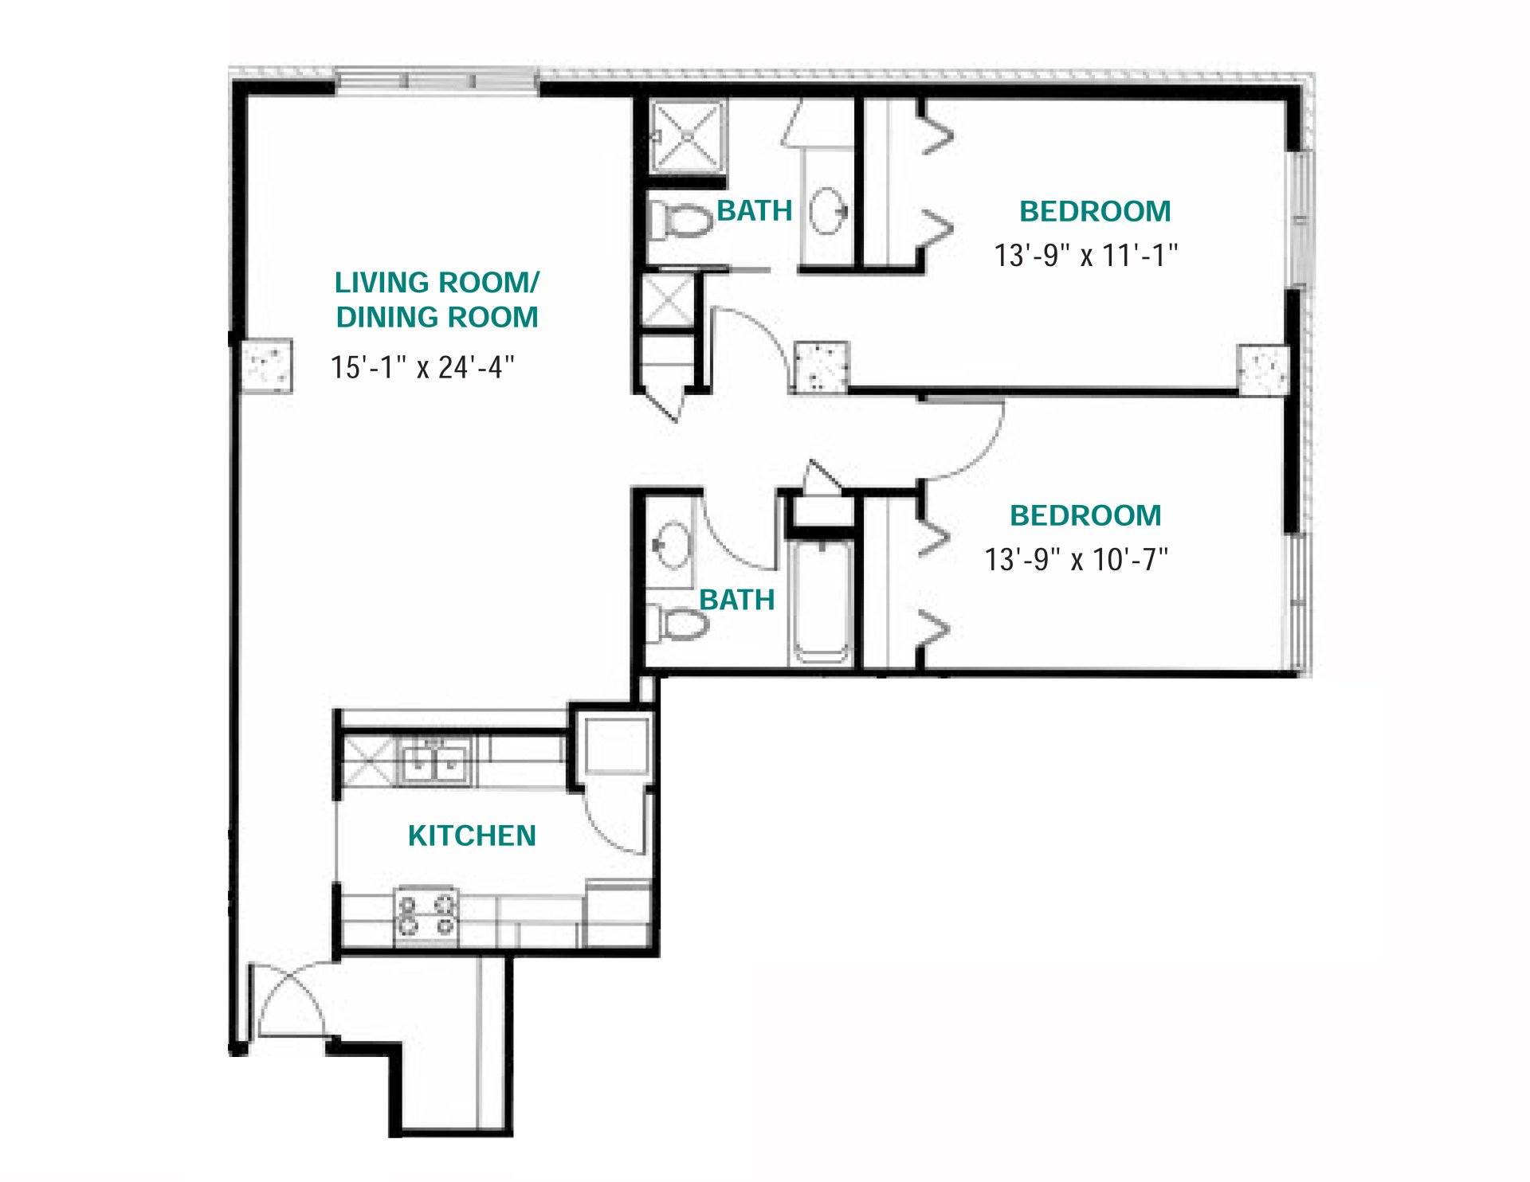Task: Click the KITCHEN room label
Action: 472,836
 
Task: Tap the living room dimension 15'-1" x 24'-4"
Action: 422,367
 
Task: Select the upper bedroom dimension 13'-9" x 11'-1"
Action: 1085,256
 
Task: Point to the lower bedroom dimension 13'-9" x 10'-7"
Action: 1076,560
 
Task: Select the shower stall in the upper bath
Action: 687,136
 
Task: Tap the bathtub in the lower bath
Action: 821,602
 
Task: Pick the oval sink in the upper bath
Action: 827,210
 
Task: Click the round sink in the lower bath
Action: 673,545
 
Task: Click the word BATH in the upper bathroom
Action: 755,211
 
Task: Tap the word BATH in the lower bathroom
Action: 737,600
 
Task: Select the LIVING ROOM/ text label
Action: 437,283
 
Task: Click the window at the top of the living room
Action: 437,80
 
